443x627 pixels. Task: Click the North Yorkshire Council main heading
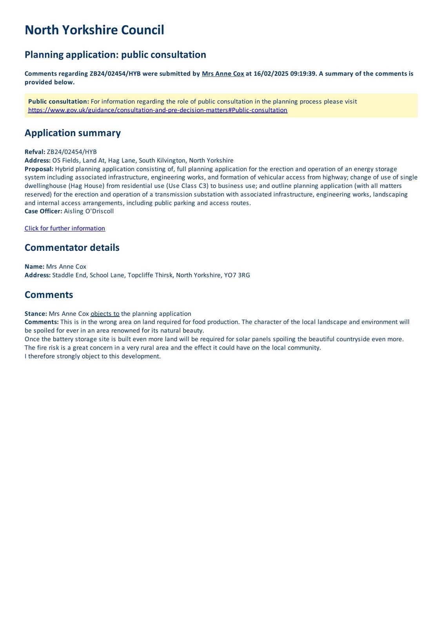(x=94, y=30)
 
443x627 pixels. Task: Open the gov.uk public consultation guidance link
(x=158, y=110)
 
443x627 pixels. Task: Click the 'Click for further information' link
(x=65, y=228)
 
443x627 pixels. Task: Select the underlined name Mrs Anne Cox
(x=223, y=74)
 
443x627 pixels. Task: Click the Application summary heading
(x=73, y=133)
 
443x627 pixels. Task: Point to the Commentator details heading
(x=72, y=248)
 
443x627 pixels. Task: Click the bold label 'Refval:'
(x=35, y=152)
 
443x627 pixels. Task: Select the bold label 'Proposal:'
(x=39, y=169)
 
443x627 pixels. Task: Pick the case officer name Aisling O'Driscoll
(x=89, y=211)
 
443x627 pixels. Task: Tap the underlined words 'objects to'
(x=105, y=314)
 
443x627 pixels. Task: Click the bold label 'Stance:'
(x=36, y=314)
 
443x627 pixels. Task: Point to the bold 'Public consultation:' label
(x=58, y=101)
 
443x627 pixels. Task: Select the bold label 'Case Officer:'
(x=43, y=211)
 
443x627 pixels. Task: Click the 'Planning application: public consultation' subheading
(x=115, y=54)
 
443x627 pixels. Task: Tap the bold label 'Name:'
(x=34, y=267)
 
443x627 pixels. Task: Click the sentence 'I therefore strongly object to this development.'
(x=93, y=356)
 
